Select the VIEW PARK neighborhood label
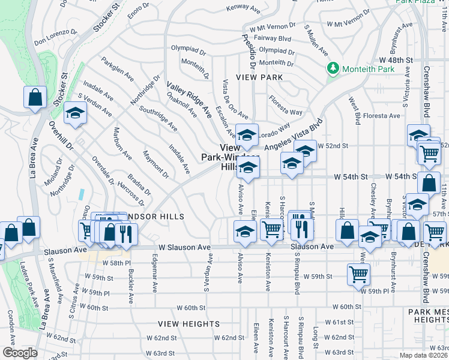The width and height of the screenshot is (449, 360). click(259, 78)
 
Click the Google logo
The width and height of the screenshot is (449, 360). click(20, 353)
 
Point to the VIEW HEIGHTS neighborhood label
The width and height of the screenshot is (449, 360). click(188, 324)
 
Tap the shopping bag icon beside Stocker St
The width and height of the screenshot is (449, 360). click(35, 97)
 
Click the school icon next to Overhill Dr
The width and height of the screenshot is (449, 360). click(75, 113)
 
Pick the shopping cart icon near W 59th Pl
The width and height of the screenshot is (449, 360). click(358, 274)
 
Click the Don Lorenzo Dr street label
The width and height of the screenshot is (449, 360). click(56, 41)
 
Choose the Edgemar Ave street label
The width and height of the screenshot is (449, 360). click(155, 272)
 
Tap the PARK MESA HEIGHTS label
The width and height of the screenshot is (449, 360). click(428, 316)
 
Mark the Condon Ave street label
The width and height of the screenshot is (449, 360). click(10, 325)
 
